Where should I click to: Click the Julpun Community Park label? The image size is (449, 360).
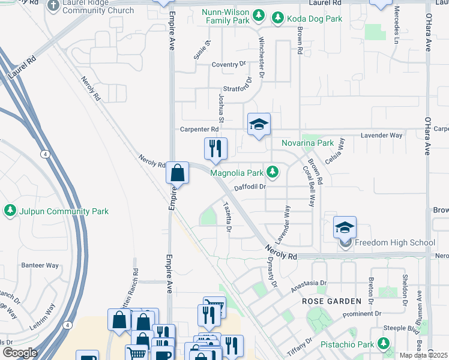point(64,211)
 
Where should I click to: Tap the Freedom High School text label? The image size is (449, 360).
point(395,243)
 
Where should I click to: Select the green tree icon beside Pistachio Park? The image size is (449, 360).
point(384,344)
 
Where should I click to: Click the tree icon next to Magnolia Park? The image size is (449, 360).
point(273,173)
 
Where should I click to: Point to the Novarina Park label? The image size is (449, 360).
point(307,143)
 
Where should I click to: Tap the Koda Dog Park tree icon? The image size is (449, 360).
point(278,19)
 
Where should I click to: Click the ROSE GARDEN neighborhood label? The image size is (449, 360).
point(331,301)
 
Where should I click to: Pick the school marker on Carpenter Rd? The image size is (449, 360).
point(259,125)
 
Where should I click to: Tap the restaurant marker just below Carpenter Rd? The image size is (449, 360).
point(215,149)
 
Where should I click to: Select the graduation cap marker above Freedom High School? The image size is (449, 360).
point(345,227)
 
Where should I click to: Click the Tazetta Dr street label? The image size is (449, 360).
point(228,217)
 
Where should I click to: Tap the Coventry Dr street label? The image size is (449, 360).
point(229,64)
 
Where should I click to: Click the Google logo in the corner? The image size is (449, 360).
point(20,353)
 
